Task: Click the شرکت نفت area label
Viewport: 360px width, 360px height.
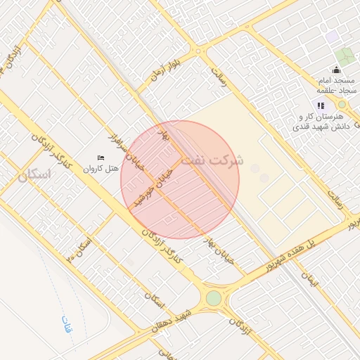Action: click(x=212, y=160)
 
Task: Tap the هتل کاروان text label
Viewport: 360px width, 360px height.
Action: click(x=98, y=169)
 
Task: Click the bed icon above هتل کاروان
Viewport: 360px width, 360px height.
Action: click(x=101, y=157)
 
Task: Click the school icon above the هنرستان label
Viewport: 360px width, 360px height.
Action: click(x=321, y=105)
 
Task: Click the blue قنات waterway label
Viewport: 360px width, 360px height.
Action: click(x=67, y=326)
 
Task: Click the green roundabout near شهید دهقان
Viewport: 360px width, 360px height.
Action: click(x=213, y=298)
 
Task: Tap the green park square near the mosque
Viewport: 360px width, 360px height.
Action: click(x=345, y=56)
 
